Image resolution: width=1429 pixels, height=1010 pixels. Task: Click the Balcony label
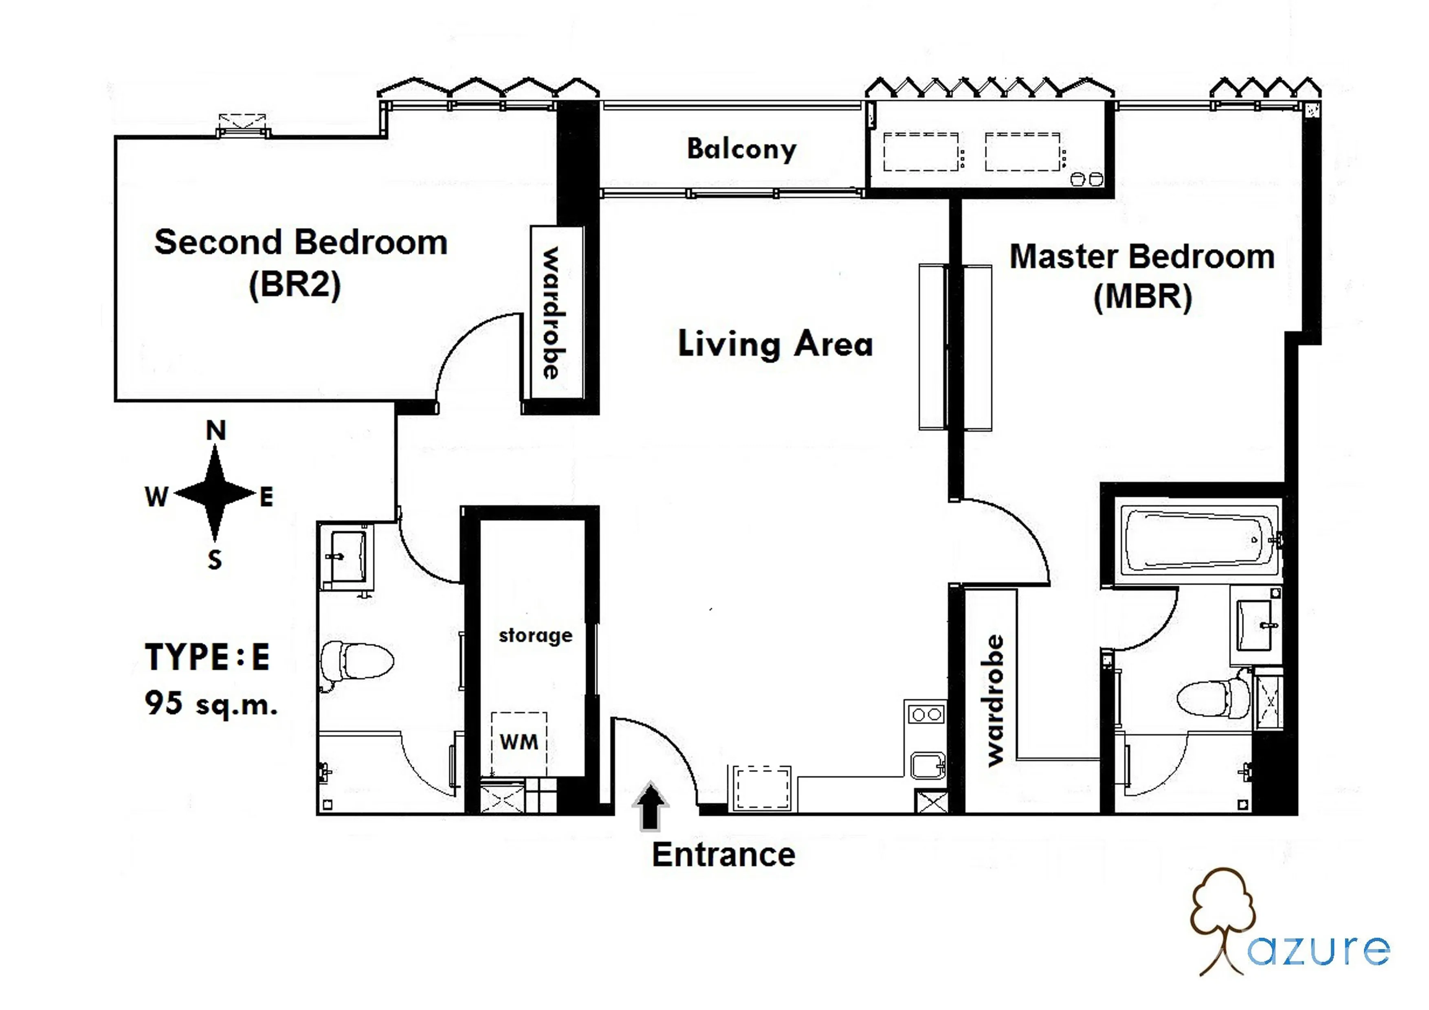tap(741, 149)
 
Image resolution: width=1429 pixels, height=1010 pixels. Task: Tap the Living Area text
tap(776, 344)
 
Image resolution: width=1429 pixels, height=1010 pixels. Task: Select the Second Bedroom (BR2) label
tap(301, 263)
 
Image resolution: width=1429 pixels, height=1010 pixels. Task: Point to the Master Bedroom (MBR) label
tap(1142, 276)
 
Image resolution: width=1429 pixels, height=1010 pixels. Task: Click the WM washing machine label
tap(519, 742)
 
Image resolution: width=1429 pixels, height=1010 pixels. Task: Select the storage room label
tap(535, 635)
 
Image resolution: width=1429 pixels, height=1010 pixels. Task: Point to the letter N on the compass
tap(216, 430)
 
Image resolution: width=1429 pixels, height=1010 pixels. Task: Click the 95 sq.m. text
tap(211, 703)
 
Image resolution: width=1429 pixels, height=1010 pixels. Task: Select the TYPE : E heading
tap(207, 656)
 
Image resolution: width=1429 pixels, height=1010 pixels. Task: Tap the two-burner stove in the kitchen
tap(926, 714)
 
